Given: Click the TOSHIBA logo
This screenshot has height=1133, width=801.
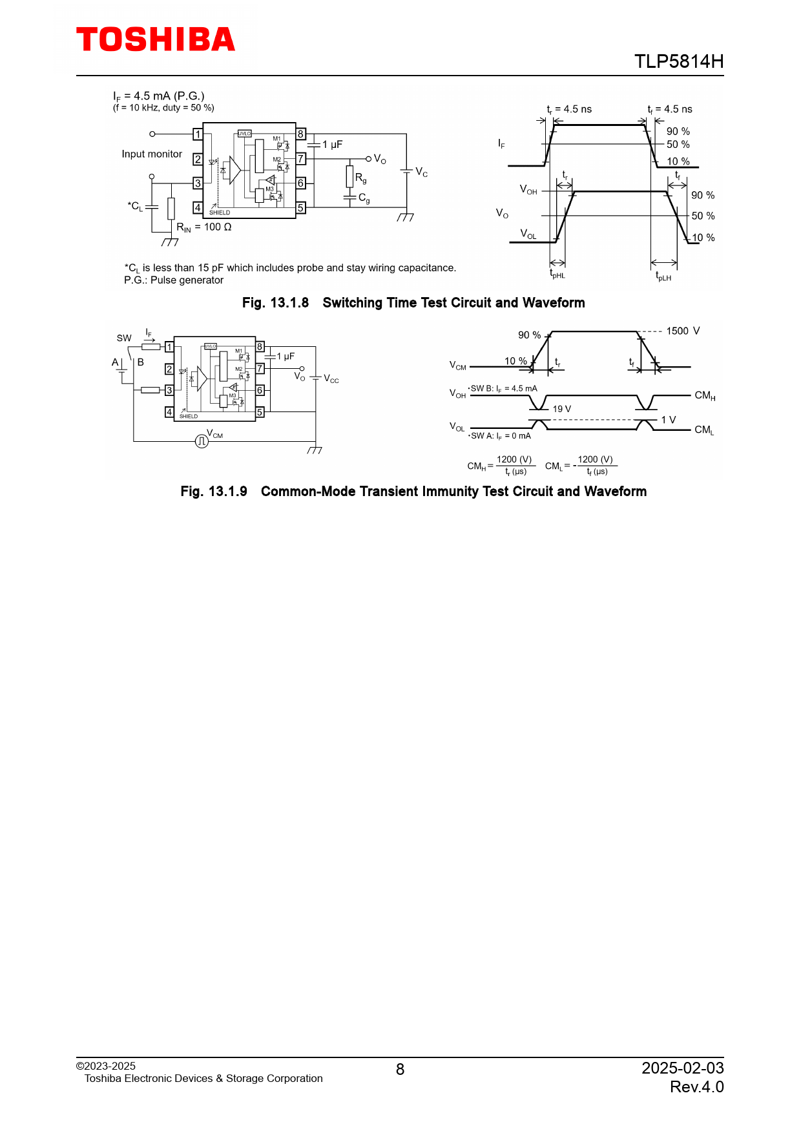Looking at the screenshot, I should (156, 40).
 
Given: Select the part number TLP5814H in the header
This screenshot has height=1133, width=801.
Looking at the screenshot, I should (678, 61).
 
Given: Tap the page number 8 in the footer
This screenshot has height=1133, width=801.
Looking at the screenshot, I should (400, 1070).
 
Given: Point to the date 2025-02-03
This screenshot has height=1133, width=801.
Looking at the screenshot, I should (682, 1068).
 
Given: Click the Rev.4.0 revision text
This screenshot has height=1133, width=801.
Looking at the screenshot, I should (696, 1087).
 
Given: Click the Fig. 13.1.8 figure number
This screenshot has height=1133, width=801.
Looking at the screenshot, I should (275, 303).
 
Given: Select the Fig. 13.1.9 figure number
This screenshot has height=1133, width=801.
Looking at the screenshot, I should (214, 492).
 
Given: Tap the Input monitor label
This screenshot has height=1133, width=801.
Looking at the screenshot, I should (152, 154).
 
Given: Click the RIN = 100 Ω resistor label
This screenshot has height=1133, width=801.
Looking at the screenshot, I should (204, 227).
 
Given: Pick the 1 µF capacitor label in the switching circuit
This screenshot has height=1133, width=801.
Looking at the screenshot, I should (332, 145).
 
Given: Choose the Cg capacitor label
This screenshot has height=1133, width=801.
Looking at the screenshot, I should (364, 198).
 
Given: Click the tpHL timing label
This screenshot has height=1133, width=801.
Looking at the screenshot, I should (557, 275).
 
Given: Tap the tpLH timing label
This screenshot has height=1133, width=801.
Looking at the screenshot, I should (663, 276).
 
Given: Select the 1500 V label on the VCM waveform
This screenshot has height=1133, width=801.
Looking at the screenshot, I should (683, 331).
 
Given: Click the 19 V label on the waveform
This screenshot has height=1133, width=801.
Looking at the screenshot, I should (561, 409).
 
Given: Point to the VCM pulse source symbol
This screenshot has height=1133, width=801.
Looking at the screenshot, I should (202, 441).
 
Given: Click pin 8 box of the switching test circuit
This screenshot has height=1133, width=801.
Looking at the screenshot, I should (300, 134).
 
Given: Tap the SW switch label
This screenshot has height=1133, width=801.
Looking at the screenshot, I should (124, 338).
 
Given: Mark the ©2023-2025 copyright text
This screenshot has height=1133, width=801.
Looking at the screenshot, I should (106, 1066).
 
